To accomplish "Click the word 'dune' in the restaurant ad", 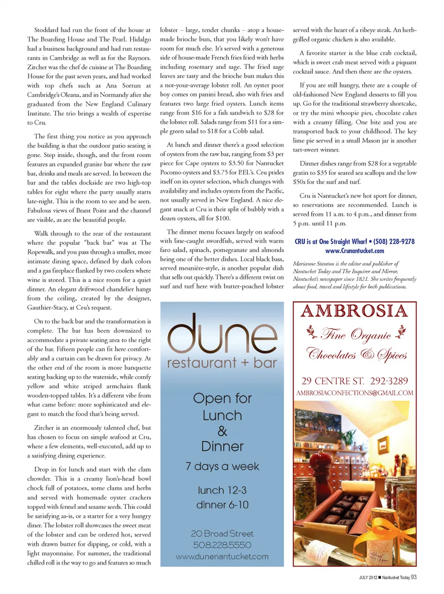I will click(x=222, y=334).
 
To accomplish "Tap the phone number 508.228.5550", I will click(x=222, y=545).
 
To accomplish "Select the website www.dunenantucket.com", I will click(x=222, y=557).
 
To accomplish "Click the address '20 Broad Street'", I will click(x=222, y=533).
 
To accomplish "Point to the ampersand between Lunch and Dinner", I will click(x=222, y=431).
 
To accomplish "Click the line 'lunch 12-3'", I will click(x=222, y=490).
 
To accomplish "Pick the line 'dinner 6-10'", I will click(x=222, y=505).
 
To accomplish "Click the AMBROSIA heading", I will click(x=354, y=311).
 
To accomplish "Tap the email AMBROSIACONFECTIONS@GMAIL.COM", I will click(x=354, y=393).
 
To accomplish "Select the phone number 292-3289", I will click(x=389, y=381).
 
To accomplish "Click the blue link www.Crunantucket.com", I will click(x=354, y=251).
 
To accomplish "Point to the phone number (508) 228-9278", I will click(x=394, y=241).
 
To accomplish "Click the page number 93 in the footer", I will click(x=413, y=577).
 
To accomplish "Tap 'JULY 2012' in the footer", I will click(x=368, y=577).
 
